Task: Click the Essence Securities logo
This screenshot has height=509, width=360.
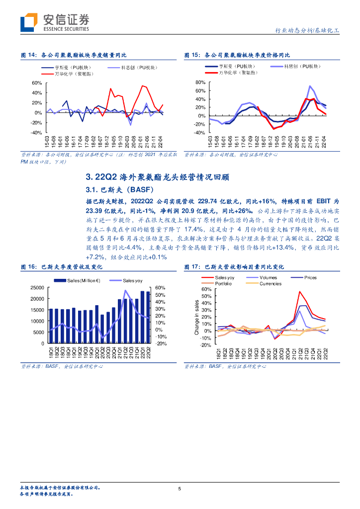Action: click(x=55, y=22)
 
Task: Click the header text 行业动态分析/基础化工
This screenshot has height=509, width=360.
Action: click(x=307, y=30)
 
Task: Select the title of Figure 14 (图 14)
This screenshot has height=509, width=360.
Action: click(x=74, y=55)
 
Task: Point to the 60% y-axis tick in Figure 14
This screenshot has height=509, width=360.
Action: click(x=36, y=83)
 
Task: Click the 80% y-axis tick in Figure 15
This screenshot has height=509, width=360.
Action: click(x=200, y=82)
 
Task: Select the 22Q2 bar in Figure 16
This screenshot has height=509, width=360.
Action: click(x=147, y=317)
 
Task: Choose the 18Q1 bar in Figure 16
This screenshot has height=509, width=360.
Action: click(x=50, y=326)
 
